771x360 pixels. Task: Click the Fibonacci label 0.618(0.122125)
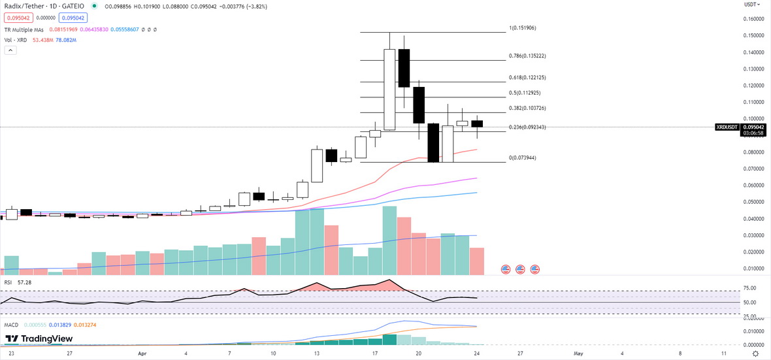click(528, 78)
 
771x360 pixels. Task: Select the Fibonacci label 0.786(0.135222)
click(528, 56)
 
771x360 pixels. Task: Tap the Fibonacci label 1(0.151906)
click(527, 28)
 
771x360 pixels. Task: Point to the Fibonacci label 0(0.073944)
click(523, 158)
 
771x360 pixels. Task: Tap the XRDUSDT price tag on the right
click(727, 127)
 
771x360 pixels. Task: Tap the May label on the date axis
click(578, 353)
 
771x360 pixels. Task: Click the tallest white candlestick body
click(389, 90)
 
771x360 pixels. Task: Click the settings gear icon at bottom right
click(756, 353)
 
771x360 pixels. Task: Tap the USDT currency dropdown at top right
click(751, 5)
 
